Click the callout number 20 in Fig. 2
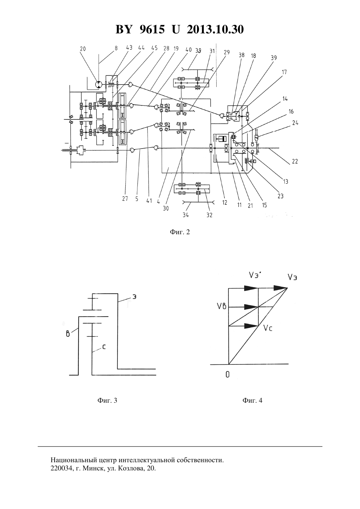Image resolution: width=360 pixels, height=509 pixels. (x=83, y=49)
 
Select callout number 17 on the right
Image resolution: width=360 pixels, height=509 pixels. (x=284, y=72)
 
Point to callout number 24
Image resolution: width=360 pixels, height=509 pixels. (x=295, y=123)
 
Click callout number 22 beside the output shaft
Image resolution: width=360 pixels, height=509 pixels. (x=295, y=161)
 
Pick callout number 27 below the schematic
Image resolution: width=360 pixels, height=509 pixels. (x=125, y=199)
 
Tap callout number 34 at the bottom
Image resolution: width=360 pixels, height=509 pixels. (x=186, y=215)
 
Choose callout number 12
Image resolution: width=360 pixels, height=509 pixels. (x=225, y=202)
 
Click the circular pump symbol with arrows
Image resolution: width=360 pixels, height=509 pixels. (x=99, y=84)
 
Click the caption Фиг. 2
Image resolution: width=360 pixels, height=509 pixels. (x=180, y=232)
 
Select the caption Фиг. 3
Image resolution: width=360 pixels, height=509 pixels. (x=107, y=400)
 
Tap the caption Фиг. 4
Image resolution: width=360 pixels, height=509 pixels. (x=252, y=400)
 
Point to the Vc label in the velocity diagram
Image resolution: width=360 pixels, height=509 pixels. (x=267, y=328)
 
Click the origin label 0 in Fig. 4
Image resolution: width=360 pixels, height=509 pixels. (x=227, y=375)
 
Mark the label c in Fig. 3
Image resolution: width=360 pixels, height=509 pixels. (x=104, y=347)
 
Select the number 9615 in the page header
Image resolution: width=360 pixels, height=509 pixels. (x=152, y=29)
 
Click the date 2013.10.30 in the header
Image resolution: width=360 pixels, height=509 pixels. (x=215, y=29)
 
